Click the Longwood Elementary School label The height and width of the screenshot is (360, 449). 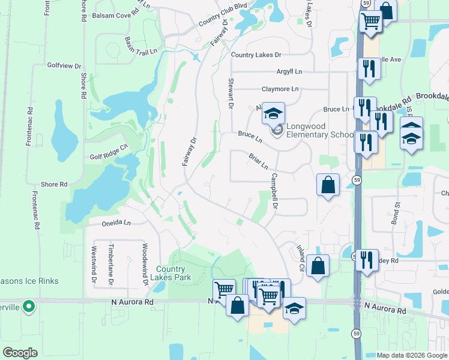coord(319,130)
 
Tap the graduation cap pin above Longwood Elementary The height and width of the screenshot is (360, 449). coord(273,113)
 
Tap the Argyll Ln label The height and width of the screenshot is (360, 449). coord(289,71)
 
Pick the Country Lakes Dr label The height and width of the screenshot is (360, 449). coord(256,55)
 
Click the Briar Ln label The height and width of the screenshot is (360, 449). coord(258,161)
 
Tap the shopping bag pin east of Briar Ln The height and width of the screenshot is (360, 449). coord(328,185)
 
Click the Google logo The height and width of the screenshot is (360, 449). coord(20,353)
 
